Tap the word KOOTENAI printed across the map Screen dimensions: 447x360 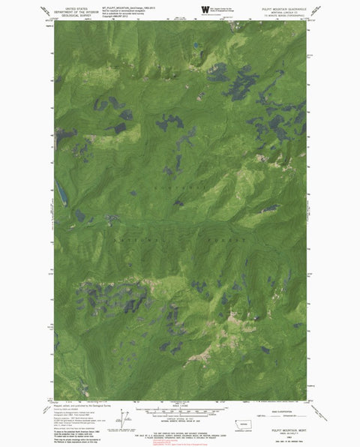pyautogui.click(x=176, y=184)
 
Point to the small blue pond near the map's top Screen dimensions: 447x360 pyautogui.click(x=196, y=44)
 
